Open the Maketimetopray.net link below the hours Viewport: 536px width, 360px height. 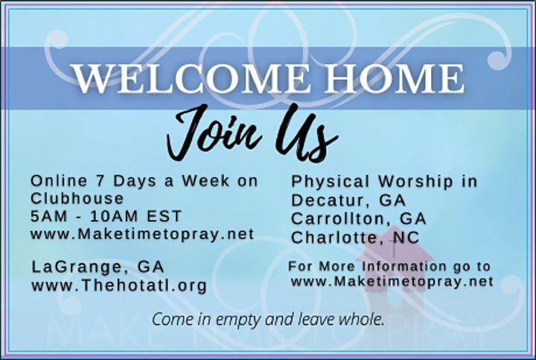tap(142, 234)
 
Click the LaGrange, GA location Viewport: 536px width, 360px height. tap(98, 266)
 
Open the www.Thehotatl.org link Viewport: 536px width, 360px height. tap(118, 284)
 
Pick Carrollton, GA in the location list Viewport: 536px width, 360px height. tap(359, 219)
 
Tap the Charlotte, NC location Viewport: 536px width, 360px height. tap(354, 237)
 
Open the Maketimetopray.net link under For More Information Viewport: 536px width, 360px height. tap(392, 281)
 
